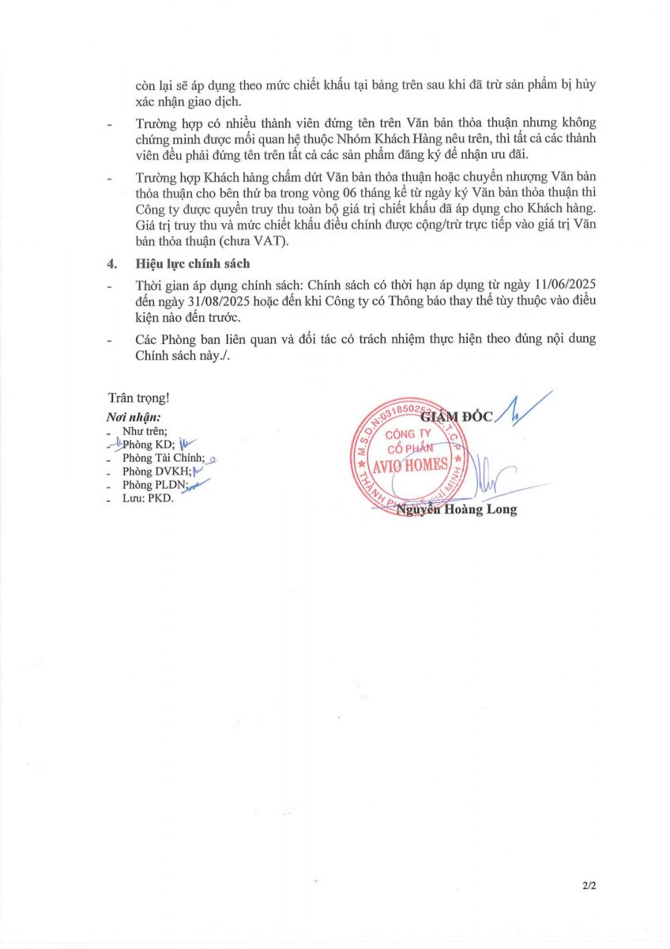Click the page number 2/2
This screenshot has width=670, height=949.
tap(589, 887)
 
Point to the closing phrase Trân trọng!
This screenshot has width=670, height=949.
tap(138, 399)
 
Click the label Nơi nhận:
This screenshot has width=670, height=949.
tap(134, 417)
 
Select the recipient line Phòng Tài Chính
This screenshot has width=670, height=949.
tap(163, 458)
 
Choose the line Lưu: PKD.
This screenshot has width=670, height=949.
tap(147, 498)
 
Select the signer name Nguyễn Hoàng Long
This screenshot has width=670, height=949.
tap(457, 509)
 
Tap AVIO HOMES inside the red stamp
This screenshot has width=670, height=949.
tap(415, 465)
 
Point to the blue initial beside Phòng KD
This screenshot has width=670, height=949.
tap(186, 444)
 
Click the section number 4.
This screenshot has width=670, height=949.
tap(111, 263)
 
